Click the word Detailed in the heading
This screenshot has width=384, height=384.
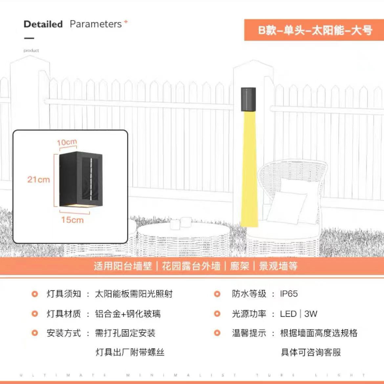[x=43, y=24]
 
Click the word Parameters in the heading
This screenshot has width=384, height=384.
[x=96, y=24]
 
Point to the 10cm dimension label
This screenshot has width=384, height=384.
[x=67, y=142]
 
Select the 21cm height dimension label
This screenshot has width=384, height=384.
[x=38, y=180]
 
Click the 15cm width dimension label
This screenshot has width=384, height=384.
[x=72, y=220]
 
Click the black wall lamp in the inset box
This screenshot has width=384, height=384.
[x=81, y=179]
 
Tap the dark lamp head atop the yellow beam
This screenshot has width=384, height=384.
[x=248, y=99]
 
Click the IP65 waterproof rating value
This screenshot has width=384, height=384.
[x=289, y=294]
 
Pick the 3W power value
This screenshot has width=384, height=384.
[x=310, y=314]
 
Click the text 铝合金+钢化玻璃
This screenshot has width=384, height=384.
[x=128, y=314]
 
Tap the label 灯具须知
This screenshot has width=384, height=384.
[x=64, y=294]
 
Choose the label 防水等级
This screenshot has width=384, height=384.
[x=249, y=294]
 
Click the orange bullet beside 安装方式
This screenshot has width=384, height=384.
[x=35, y=333]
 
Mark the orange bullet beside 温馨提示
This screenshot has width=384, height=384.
[x=217, y=333]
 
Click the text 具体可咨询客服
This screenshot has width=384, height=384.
[x=311, y=352]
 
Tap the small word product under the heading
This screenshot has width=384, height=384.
[x=31, y=51]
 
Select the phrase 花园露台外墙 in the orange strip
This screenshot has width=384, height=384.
[x=191, y=266]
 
